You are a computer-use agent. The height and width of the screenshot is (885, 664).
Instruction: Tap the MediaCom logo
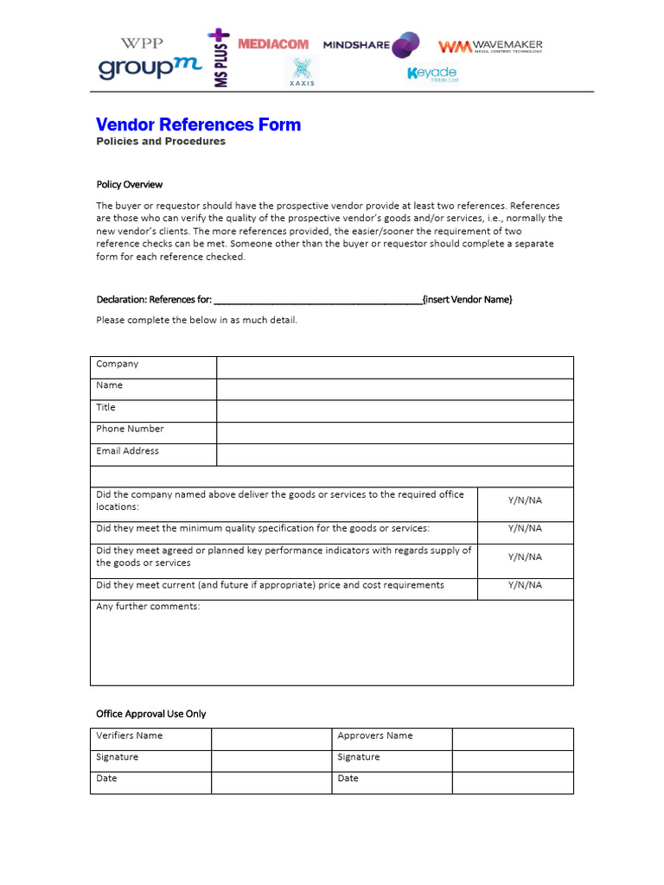tap(272, 44)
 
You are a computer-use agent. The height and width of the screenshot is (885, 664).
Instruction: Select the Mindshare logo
tap(371, 45)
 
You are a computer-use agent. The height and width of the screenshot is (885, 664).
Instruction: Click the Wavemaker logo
tap(490, 47)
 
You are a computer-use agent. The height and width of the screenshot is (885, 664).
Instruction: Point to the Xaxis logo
tap(302, 72)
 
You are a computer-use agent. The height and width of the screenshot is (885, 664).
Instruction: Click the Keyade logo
tap(432, 73)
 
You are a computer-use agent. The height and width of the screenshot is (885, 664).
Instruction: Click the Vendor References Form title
tap(198, 124)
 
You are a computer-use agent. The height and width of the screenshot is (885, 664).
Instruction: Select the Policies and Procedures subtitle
tap(160, 142)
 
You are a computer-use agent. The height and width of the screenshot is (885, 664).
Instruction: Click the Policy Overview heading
tap(129, 184)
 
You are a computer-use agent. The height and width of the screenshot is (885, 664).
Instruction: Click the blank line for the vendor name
tap(317, 300)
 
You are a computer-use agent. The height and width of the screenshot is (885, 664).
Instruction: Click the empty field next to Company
tap(394, 367)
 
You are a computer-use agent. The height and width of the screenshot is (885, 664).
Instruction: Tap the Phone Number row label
tap(130, 429)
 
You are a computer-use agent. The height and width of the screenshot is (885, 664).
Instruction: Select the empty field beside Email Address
tap(394, 455)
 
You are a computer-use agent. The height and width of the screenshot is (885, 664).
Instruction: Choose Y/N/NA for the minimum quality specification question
tap(525, 528)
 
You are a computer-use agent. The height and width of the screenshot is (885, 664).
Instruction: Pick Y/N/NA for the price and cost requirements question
tap(525, 585)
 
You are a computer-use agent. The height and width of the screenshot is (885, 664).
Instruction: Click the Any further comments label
tap(148, 607)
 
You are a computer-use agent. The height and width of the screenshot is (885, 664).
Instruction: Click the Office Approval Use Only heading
tap(150, 714)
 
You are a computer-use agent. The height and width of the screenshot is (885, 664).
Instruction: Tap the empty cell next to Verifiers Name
tap(271, 739)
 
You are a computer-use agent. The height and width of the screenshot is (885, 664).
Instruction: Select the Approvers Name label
tap(374, 735)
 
